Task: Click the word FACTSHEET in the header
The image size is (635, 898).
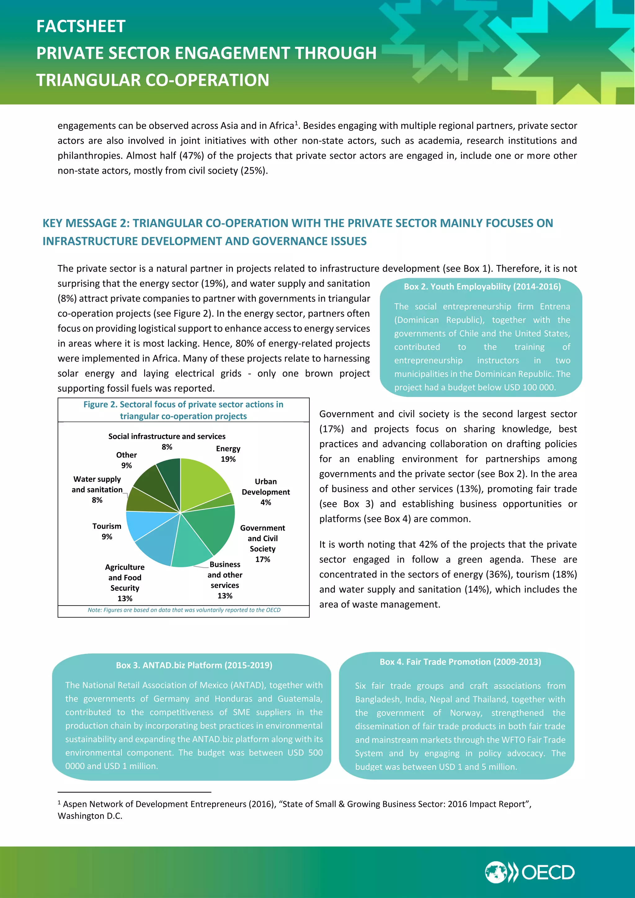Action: [81, 27]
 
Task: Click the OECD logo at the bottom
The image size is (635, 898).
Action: [530, 872]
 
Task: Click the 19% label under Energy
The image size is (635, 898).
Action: [228, 459]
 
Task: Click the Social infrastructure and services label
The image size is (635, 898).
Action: [167, 437]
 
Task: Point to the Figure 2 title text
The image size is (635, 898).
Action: [183, 410]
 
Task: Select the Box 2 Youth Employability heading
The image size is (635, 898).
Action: [482, 287]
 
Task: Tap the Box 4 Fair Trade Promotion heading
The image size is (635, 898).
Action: [460, 662]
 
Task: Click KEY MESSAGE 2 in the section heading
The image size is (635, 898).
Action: [86, 223]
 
